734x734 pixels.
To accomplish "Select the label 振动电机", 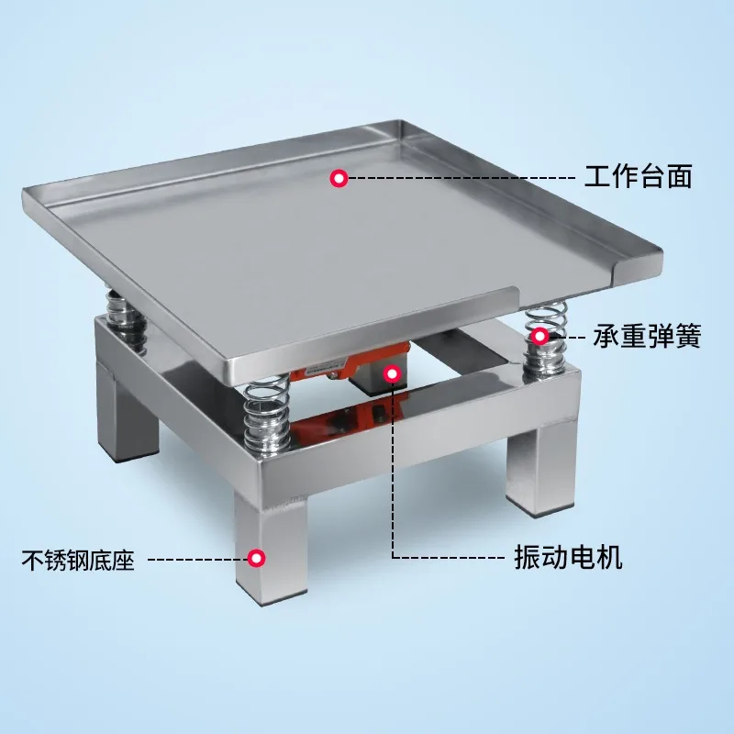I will pos(567,557).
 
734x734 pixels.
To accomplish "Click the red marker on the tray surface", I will pos(339,178).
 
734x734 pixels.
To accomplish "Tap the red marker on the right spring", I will pos(540,337).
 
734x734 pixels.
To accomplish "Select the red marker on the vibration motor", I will pos(393,373).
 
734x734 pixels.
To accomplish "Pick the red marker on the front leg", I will pos(258,557).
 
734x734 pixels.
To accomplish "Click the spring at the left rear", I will pos(126,317).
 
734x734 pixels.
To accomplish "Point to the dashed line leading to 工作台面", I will pos(459,177).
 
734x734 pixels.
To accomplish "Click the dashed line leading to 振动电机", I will pos(440,557).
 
